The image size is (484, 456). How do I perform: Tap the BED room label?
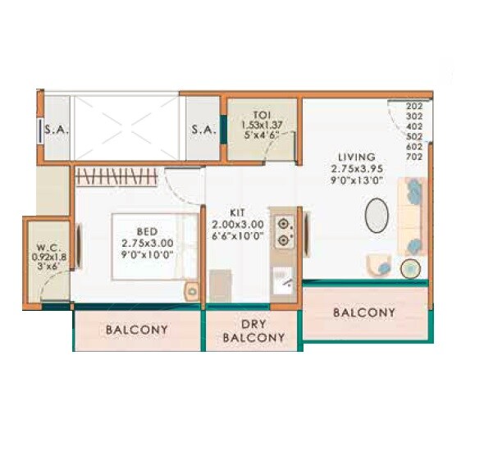(x=148, y=231)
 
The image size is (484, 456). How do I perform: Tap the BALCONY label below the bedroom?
(x=137, y=330)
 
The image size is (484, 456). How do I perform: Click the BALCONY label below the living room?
(x=363, y=312)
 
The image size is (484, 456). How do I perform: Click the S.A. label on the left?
(x=57, y=129)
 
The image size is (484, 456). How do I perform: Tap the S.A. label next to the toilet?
(x=203, y=129)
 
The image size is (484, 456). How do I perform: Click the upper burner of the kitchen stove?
(x=285, y=223)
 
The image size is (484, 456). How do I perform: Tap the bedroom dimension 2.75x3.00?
(x=148, y=244)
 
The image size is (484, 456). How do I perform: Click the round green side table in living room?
(x=409, y=268)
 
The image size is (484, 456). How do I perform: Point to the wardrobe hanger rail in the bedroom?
(x=119, y=175)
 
